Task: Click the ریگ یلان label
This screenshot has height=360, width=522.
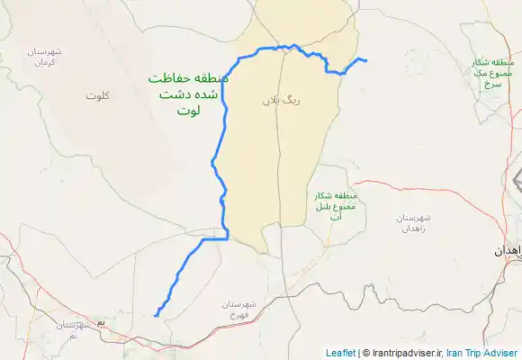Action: [281, 101]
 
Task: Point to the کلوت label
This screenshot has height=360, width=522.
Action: [98, 94]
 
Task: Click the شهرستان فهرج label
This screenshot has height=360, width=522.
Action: [244, 310]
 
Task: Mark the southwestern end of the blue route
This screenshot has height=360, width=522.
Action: [156, 315]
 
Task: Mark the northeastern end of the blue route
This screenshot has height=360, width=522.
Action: [365, 61]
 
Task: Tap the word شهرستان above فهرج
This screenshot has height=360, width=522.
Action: [244, 304]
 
